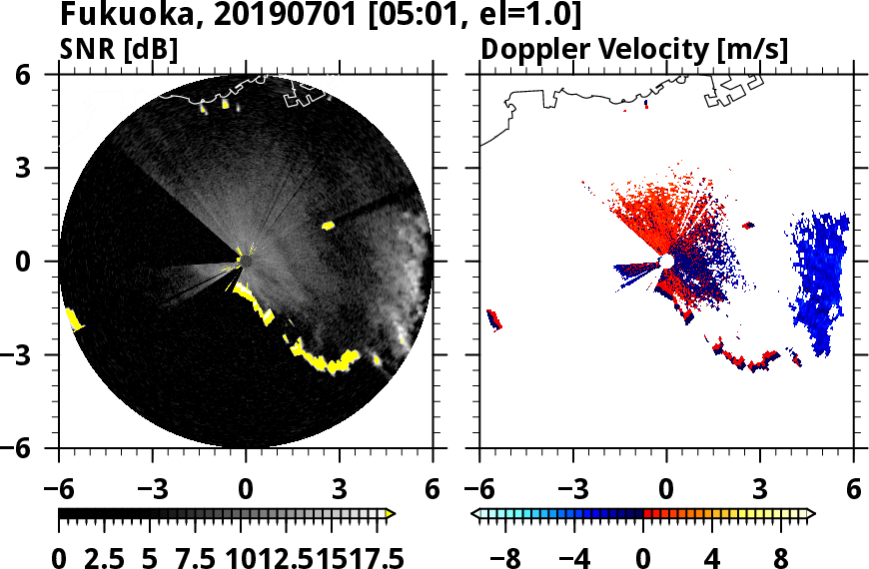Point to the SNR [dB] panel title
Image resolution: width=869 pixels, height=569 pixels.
pos(120,49)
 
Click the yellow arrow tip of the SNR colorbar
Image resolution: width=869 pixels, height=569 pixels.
pos(391,514)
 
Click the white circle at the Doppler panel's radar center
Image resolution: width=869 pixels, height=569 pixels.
pos(666,262)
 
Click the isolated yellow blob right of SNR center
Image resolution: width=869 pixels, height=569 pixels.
pos(329,226)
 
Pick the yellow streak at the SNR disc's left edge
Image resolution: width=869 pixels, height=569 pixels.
pos(73,319)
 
